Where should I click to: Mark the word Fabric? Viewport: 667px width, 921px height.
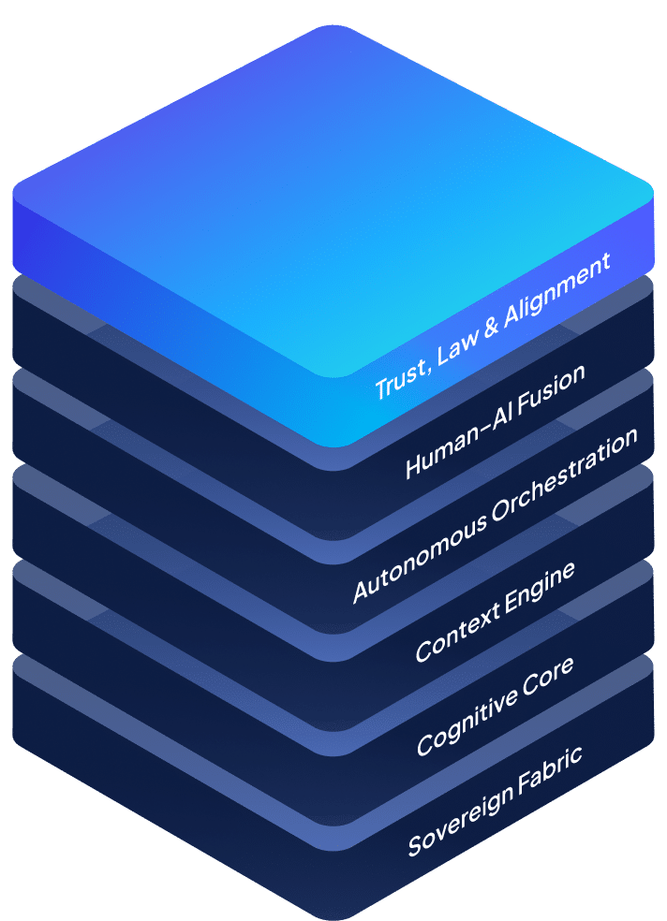click(549, 767)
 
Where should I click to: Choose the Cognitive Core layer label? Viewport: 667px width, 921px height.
click(496, 704)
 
